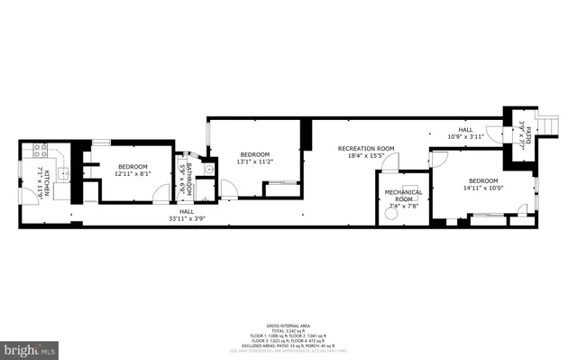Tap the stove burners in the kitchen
pyautogui.click(x=39, y=149)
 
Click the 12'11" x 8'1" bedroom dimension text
pyautogui.click(x=133, y=175)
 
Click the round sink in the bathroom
pyautogui.click(x=208, y=169)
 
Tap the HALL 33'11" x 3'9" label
pyautogui.click(x=187, y=215)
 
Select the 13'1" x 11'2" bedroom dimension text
pyautogui.click(x=254, y=162)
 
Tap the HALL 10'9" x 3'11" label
pyautogui.click(x=465, y=134)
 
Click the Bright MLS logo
pyautogui.click(x=28, y=348)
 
